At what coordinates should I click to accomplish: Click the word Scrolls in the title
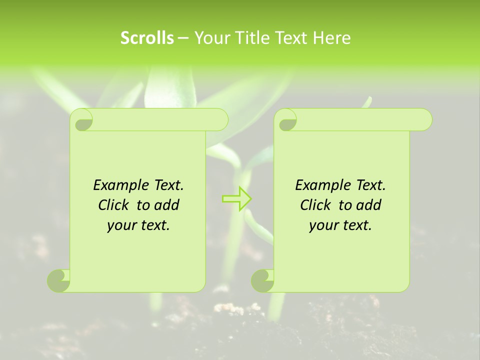147,38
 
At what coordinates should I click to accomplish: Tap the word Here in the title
331,38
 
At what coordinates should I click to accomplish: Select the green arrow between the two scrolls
236,198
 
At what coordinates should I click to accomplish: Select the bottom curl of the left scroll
59,280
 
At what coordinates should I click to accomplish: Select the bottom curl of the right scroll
262,280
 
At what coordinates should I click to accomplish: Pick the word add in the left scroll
167,205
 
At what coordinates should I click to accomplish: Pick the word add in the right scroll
369,205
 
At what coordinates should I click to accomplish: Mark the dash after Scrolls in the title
183,38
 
